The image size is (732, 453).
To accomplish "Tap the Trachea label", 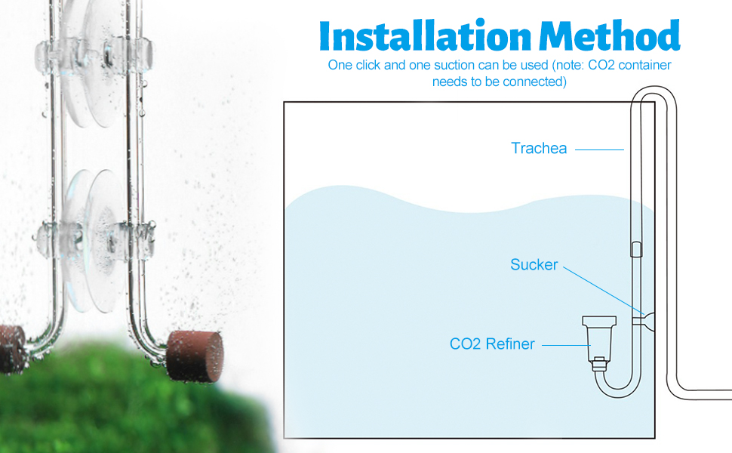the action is (x=538, y=149).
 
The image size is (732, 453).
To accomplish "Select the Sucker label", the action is (x=534, y=265).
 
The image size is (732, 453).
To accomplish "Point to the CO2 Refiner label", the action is (x=492, y=344).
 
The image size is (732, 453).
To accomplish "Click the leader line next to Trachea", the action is (x=599, y=149).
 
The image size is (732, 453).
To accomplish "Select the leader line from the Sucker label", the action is (x=601, y=291).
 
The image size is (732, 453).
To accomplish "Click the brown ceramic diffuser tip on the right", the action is (x=195, y=356).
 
